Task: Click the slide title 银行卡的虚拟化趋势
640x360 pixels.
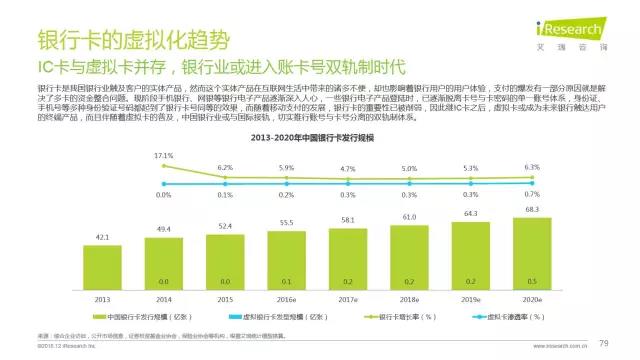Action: click(131, 41)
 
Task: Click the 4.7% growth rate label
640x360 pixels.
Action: click(347, 170)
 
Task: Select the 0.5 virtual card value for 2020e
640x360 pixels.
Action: click(531, 283)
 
